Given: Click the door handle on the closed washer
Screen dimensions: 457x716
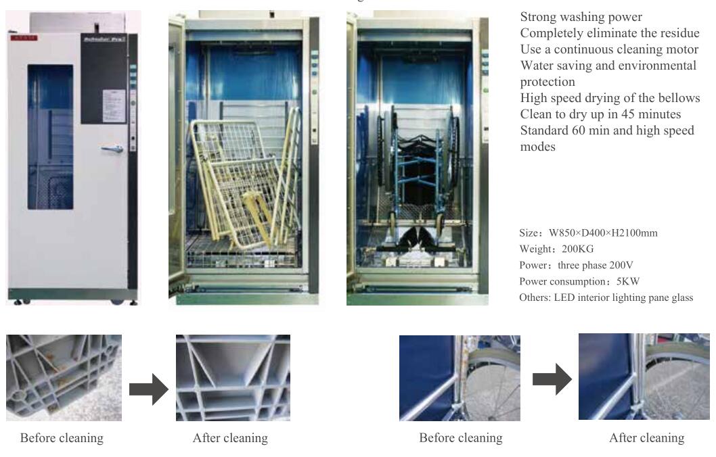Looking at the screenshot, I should (x=112, y=149).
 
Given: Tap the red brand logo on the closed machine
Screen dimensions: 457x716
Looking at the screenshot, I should (x=24, y=38).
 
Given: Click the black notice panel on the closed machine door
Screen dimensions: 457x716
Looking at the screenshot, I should (x=104, y=78).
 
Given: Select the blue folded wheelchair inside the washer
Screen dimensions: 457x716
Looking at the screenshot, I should (x=416, y=176).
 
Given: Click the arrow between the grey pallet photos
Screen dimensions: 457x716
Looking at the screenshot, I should (x=148, y=388).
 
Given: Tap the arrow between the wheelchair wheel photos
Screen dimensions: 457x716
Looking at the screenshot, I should (x=552, y=380).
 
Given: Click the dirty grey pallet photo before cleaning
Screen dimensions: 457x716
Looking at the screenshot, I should (x=64, y=377).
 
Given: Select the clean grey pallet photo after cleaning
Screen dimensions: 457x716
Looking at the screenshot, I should (x=233, y=377).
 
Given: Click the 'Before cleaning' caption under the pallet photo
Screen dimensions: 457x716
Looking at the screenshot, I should (x=62, y=438).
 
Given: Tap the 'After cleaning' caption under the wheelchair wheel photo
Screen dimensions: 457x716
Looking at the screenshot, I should (x=646, y=438).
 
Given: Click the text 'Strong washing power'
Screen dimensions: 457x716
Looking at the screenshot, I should (x=581, y=17).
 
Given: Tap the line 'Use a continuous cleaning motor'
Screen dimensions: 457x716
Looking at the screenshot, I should (x=609, y=49).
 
